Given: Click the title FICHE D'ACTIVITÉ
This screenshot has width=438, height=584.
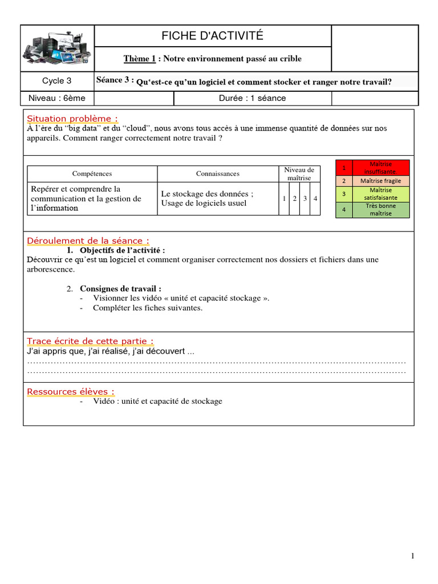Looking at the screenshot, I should click(x=212, y=36).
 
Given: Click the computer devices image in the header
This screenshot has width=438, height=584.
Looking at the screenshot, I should click(x=57, y=48).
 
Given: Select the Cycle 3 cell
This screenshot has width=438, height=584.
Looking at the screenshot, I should click(x=57, y=81).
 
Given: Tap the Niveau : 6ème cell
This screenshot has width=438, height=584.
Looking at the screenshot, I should click(x=57, y=98).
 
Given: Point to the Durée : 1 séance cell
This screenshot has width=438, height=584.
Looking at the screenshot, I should click(x=252, y=98).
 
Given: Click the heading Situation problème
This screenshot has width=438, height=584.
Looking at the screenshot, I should click(x=72, y=119).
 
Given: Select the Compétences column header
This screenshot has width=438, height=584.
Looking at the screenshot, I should click(x=92, y=173).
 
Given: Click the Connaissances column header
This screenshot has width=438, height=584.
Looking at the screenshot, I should click(x=218, y=173).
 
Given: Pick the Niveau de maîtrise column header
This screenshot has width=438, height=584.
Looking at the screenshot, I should click(x=299, y=174).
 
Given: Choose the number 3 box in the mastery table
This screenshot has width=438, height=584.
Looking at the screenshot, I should click(x=305, y=198).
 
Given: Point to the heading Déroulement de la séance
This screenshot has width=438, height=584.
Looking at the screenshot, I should click(x=88, y=241).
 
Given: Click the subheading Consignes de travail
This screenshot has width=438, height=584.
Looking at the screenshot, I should click(x=120, y=289).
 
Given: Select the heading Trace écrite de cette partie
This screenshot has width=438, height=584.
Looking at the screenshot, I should click(x=90, y=341).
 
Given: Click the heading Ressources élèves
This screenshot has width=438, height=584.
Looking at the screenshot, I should click(x=71, y=392).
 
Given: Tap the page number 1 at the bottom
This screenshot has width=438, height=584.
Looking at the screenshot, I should click(x=412, y=557).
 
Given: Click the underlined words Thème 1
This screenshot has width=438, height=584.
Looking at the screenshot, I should click(x=140, y=59).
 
